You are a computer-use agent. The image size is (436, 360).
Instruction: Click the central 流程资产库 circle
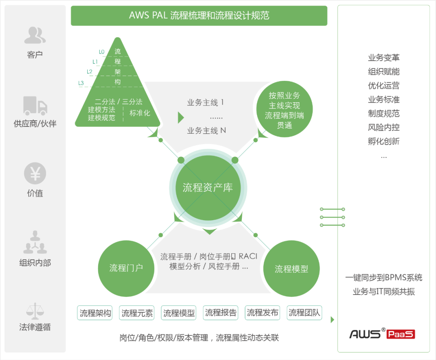coord(208,187)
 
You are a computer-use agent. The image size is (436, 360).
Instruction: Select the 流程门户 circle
coord(126,268)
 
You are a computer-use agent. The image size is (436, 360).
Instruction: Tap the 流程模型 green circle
coord(291,269)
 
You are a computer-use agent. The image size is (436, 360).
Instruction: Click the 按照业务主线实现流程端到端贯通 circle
coord(284,110)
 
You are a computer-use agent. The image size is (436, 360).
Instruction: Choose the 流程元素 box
coord(137,313)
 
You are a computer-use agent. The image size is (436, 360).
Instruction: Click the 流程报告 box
coord(220,312)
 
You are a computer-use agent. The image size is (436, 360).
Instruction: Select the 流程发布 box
coord(262,312)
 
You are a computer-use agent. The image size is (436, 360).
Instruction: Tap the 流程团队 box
coord(304,312)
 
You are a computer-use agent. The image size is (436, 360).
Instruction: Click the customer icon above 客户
coord(35,35)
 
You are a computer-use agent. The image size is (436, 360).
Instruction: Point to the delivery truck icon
coord(35,105)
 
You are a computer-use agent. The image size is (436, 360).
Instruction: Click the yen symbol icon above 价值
coord(35,174)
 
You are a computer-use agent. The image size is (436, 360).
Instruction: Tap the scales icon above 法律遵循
coord(35,311)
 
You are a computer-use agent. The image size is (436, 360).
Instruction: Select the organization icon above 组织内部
coord(35,242)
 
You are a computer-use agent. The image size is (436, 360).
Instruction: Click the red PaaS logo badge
coord(401,334)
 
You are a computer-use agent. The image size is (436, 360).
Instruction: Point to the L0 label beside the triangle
coord(101,52)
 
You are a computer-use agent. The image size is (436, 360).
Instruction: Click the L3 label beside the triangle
coord(81,83)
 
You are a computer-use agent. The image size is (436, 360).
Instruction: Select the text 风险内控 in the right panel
coord(384,127)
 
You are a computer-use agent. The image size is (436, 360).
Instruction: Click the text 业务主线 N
coord(206,131)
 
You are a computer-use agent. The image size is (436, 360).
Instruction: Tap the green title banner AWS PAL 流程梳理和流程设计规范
coord(199,16)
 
